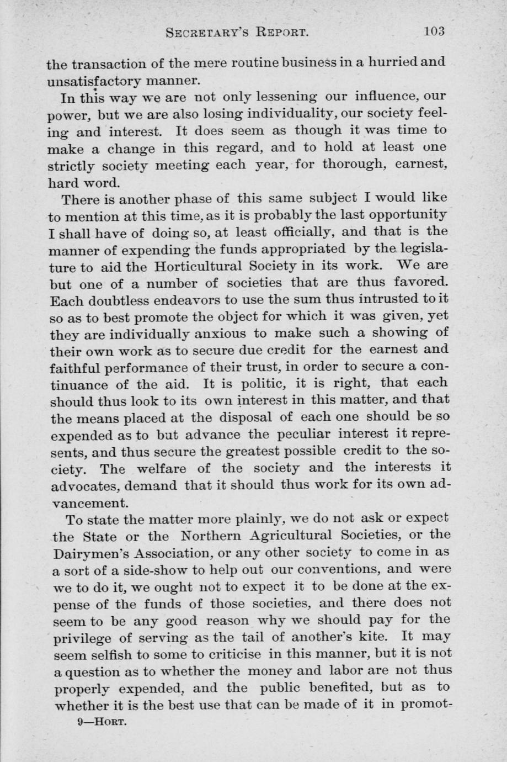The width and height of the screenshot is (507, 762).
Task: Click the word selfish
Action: click(111, 654)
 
